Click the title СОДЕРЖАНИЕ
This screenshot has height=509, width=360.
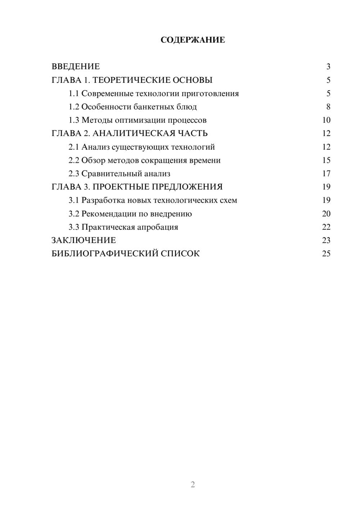[193, 40]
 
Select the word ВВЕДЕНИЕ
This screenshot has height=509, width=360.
[76, 67]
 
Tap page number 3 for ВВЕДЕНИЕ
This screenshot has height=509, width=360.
[328, 67]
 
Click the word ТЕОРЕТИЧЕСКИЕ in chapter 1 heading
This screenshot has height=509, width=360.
[131, 80]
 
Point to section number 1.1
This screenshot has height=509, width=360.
[74, 94]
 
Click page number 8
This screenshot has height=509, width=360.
[328, 107]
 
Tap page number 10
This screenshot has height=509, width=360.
[326, 120]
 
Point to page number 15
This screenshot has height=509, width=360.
[326, 160]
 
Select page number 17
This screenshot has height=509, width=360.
[326, 174]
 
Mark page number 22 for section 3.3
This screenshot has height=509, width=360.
[326, 227]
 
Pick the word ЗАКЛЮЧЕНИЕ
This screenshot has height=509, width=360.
[84, 240]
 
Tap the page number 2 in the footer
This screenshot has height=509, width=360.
[193, 485]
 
